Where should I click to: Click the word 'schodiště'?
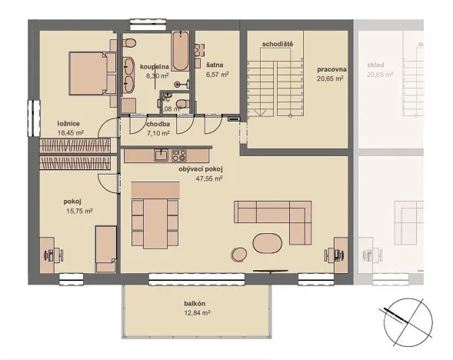(277, 45)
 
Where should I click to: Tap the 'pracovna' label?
(331, 69)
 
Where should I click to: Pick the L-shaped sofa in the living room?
(276, 220)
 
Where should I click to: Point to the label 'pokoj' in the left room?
(72, 202)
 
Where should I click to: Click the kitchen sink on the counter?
(161, 155)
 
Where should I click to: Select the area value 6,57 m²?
(217, 75)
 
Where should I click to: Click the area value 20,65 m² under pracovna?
(331, 78)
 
